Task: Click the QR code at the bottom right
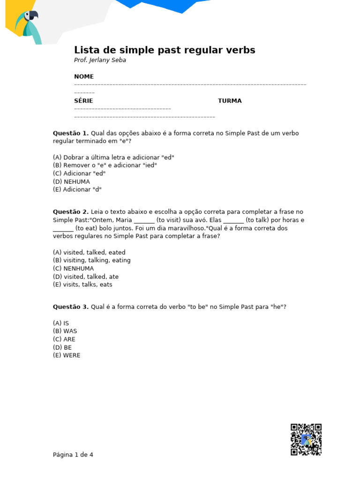(x=306, y=439)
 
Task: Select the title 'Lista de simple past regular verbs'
(x=165, y=50)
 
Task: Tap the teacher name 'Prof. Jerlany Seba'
(x=100, y=60)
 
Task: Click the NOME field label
(x=84, y=76)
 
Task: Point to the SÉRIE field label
(x=83, y=101)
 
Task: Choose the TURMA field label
(x=230, y=101)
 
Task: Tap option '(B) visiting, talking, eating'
(x=92, y=260)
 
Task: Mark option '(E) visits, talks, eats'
(x=82, y=285)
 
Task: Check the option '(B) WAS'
(x=65, y=331)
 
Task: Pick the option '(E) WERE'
(x=67, y=355)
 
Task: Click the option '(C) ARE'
(x=64, y=339)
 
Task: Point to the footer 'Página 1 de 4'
(x=73, y=455)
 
